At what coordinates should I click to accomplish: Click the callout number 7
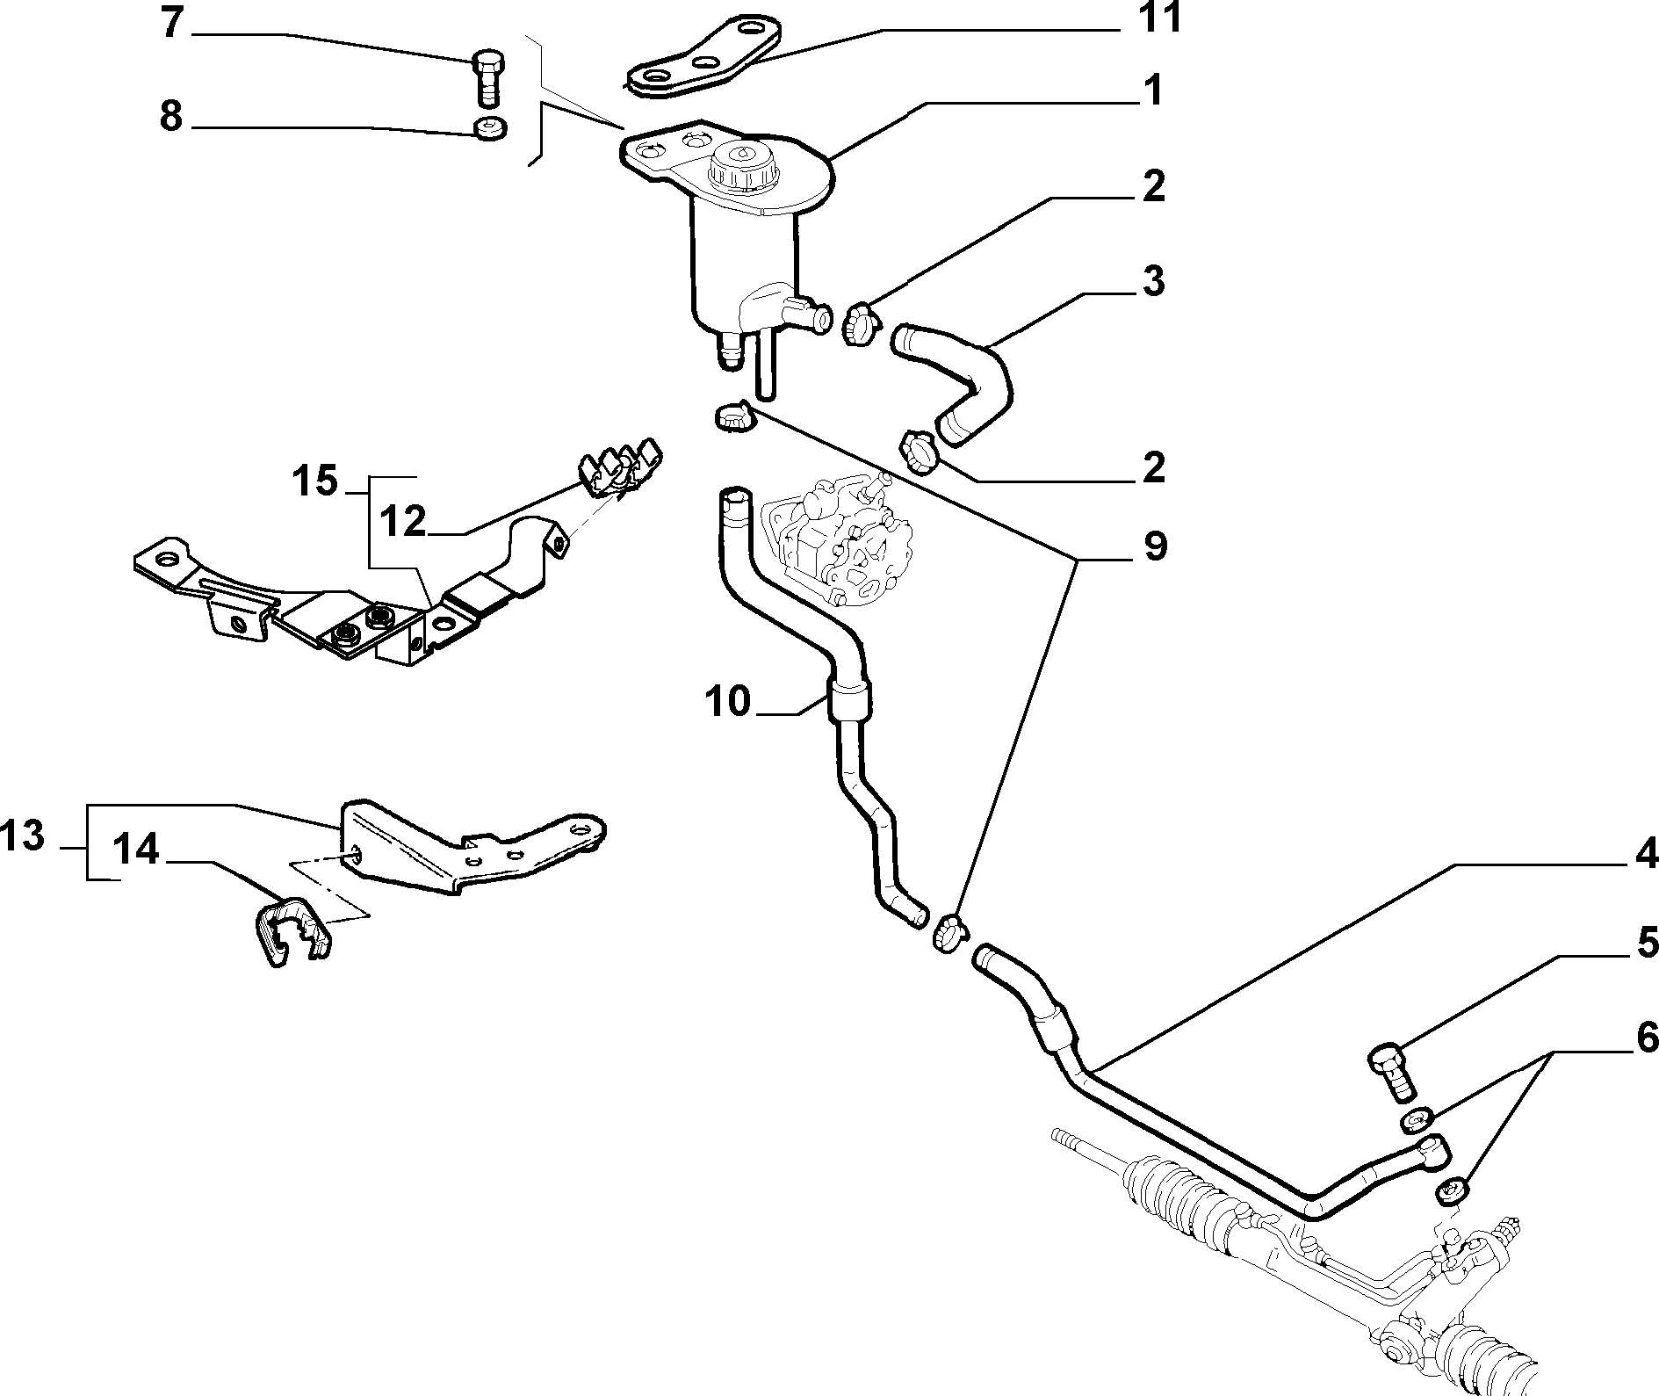point(173,25)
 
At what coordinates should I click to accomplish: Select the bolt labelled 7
point(489,78)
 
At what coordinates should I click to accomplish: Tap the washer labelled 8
point(488,127)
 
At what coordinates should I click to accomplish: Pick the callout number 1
point(1152,90)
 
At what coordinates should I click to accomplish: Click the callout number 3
point(1152,282)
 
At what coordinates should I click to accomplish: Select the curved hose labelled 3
point(953,380)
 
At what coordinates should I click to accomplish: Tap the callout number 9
point(1154,546)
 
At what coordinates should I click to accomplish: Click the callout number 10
point(728,702)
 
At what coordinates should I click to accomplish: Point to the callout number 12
point(403,523)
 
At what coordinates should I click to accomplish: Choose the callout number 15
point(314,481)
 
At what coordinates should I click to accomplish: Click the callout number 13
point(24,836)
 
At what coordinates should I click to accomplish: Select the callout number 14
point(137,850)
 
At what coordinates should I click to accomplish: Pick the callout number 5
point(1645,943)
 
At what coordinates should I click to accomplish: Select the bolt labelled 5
point(1392,1070)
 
